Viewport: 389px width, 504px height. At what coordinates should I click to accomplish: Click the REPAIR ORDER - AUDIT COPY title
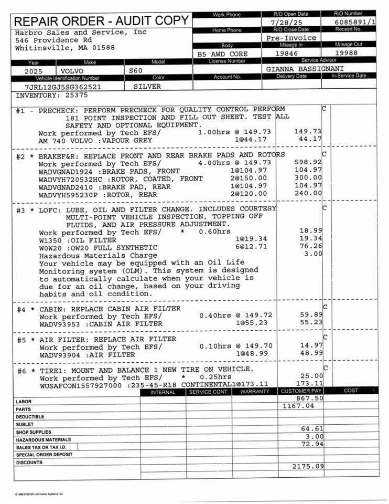(x=102, y=21)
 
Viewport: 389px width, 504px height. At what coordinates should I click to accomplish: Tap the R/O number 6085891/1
(x=355, y=22)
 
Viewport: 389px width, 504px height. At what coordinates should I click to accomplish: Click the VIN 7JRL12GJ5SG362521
(x=63, y=87)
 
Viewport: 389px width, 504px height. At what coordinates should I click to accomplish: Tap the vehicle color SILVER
(x=147, y=87)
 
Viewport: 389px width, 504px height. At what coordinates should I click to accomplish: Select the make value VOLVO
(x=72, y=70)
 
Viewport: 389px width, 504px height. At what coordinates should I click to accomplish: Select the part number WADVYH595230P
(x=64, y=194)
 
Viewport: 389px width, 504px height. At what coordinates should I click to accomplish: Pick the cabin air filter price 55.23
(x=311, y=323)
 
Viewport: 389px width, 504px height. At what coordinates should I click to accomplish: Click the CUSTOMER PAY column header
(x=301, y=391)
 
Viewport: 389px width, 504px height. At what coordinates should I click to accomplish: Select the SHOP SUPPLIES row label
(x=34, y=432)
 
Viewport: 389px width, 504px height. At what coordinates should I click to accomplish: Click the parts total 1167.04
(x=298, y=406)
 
